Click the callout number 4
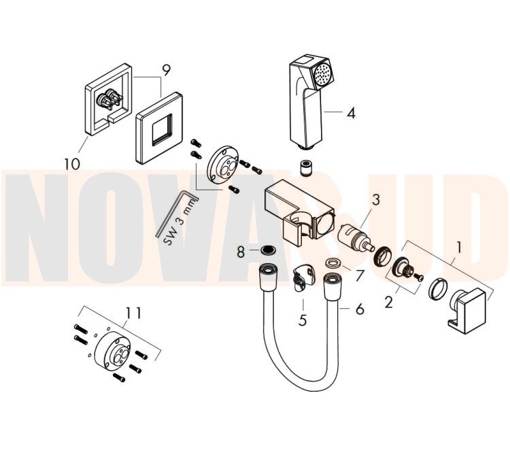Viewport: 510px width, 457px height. click(x=351, y=113)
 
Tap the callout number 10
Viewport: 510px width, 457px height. click(x=72, y=164)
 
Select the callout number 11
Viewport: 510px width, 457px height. click(x=134, y=314)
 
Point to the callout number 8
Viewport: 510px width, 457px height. click(x=241, y=252)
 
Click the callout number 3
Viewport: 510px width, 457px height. click(x=375, y=200)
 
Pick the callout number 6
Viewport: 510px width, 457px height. click(x=360, y=309)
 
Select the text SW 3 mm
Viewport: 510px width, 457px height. click(x=180, y=222)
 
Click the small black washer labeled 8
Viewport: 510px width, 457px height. click(x=269, y=250)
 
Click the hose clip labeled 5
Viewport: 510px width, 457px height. click(x=303, y=277)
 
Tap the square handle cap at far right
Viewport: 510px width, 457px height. click(x=467, y=311)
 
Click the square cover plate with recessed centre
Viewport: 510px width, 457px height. click(x=159, y=128)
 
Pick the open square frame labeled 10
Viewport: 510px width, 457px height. click(x=108, y=99)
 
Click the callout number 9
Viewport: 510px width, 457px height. click(x=166, y=71)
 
